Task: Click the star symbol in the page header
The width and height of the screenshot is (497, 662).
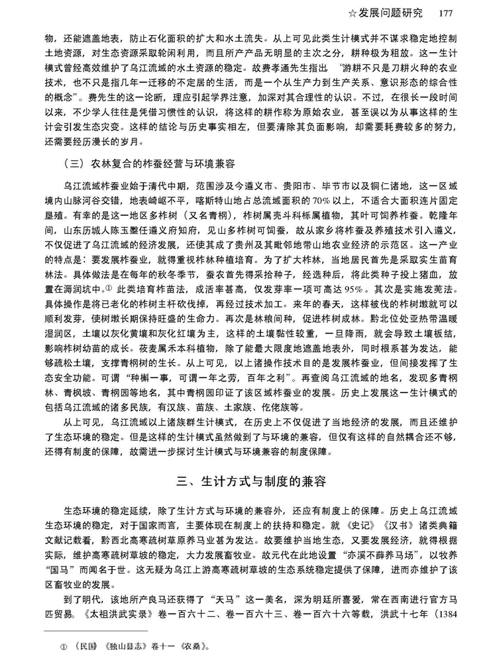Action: [361, 12]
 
